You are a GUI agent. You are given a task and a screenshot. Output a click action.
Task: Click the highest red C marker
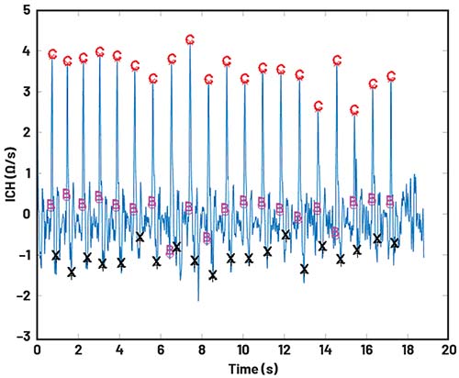(x=190, y=39)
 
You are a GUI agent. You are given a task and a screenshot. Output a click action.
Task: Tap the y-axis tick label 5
(x=27, y=10)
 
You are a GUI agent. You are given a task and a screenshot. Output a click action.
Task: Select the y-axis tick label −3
(x=24, y=337)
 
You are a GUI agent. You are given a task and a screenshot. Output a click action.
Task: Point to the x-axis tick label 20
(x=449, y=350)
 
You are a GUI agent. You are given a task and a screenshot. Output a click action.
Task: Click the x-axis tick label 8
(x=202, y=350)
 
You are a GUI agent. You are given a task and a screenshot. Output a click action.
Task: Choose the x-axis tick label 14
(x=325, y=350)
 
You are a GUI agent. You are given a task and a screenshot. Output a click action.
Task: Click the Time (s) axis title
(x=253, y=369)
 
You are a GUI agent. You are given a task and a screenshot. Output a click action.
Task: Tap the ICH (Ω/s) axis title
(x=11, y=174)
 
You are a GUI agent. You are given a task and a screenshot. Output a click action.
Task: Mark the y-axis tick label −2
(x=24, y=295)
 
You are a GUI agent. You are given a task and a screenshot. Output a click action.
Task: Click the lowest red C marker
(x=354, y=110)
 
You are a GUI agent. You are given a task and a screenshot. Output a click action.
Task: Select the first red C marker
(x=52, y=55)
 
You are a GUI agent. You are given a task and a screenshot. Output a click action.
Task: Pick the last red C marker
(x=391, y=76)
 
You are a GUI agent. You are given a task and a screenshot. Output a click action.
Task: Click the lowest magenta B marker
(x=170, y=251)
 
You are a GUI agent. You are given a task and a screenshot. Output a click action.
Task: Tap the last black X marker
(x=395, y=243)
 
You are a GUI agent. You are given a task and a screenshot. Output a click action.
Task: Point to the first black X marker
(x=56, y=255)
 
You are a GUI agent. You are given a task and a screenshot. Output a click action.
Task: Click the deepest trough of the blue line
(x=198, y=301)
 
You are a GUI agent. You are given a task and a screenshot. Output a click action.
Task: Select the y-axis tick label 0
(x=27, y=214)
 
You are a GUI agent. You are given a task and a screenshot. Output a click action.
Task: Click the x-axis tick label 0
(x=37, y=350)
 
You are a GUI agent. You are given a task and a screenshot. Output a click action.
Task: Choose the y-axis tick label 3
(x=27, y=92)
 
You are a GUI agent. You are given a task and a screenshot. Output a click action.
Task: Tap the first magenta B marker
(x=50, y=206)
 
